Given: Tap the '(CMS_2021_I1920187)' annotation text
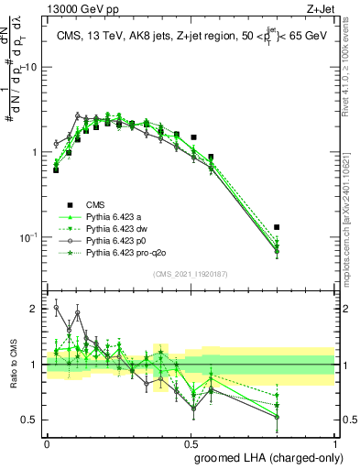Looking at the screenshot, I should pyautogui.click(x=191, y=273).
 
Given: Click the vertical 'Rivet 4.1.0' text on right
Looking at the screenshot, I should pyautogui.click(x=352, y=73).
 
